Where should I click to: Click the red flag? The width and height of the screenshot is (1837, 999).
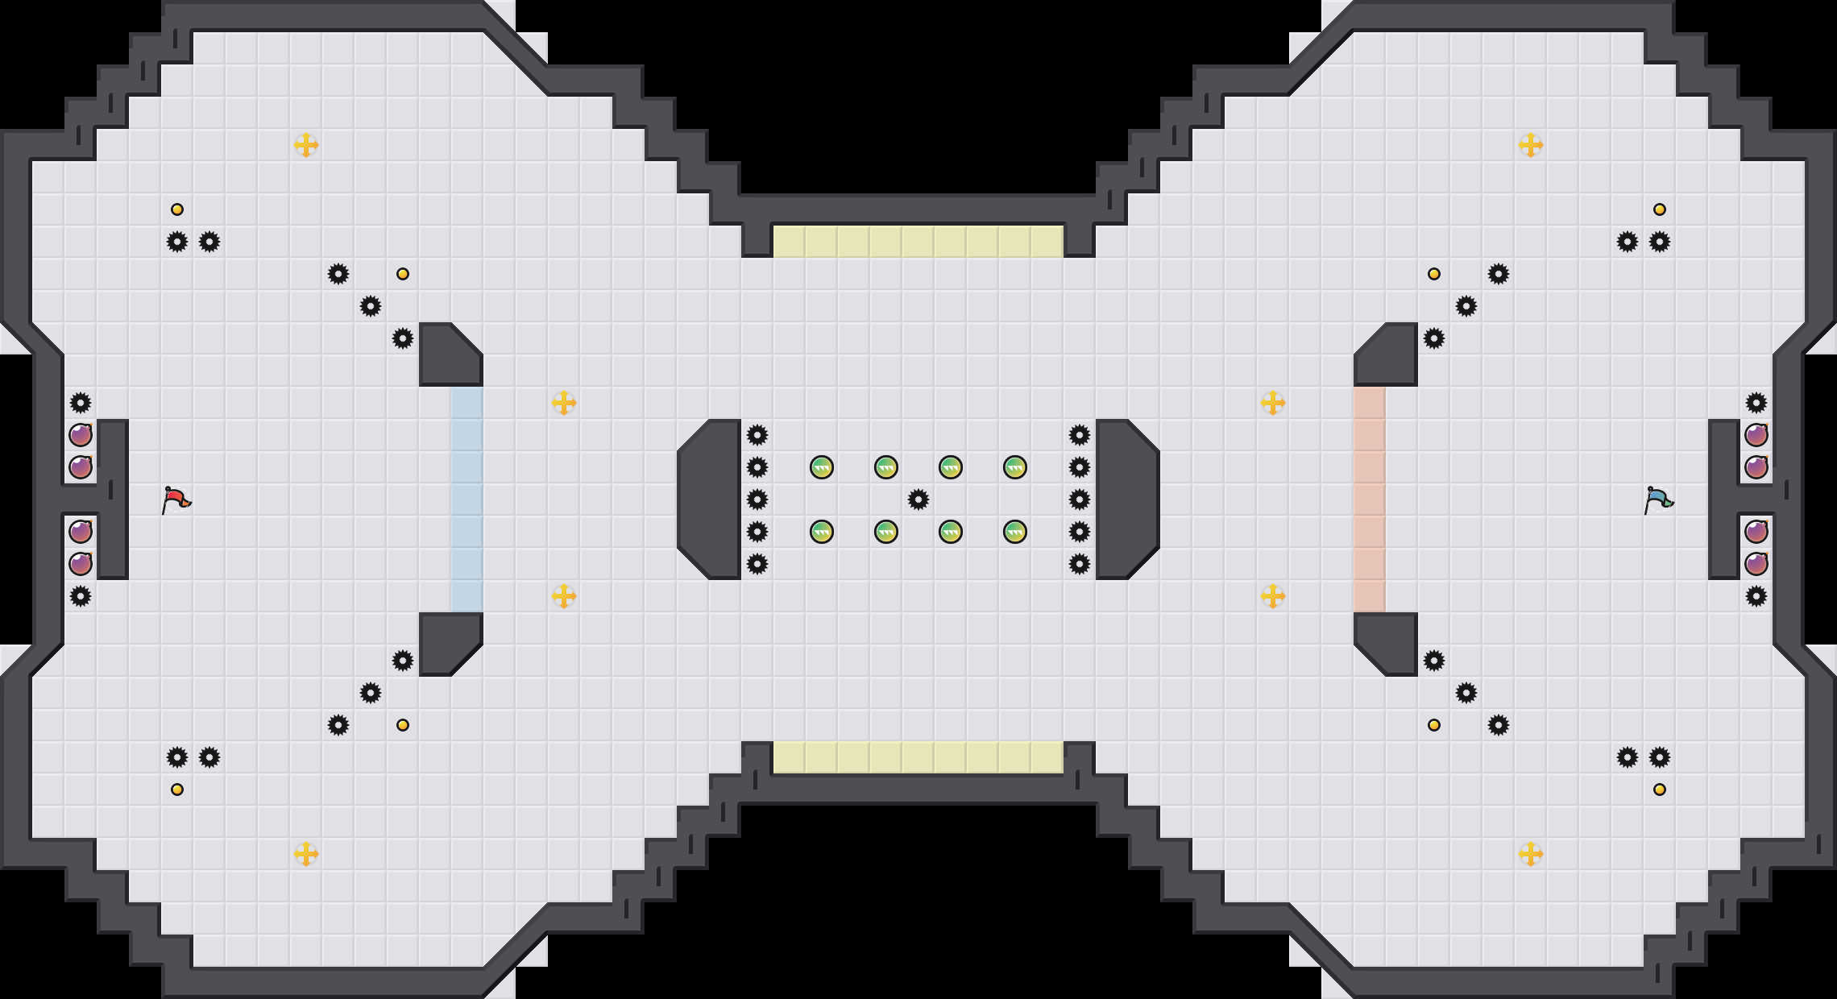click(x=176, y=499)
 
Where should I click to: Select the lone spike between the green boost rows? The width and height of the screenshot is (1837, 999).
click(x=918, y=499)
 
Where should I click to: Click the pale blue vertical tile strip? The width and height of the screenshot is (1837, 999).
click(x=467, y=499)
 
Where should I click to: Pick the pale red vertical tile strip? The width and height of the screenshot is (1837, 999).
click(x=1370, y=499)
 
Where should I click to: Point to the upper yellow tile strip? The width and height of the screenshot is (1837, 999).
click(x=918, y=242)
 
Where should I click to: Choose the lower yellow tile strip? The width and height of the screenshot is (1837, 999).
click(x=918, y=757)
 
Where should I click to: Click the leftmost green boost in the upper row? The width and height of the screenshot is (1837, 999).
click(x=822, y=467)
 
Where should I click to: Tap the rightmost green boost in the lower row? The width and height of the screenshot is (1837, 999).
click(x=1015, y=532)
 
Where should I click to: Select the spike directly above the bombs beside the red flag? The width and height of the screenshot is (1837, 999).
click(x=81, y=403)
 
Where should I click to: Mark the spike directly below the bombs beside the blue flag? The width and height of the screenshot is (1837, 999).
click(x=1756, y=596)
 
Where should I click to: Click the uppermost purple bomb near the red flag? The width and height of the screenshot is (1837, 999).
click(x=81, y=435)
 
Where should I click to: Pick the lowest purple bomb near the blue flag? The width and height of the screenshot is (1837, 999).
click(x=1756, y=564)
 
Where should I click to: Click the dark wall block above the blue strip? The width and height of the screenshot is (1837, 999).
click(x=447, y=354)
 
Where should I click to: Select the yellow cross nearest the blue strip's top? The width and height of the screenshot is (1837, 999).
click(x=564, y=403)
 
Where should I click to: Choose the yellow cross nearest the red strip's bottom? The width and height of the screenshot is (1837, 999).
click(x=1273, y=596)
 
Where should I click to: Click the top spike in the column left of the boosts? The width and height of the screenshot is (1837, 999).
click(x=757, y=435)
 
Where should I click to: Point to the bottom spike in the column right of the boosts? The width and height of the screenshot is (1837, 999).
click(x=1080, y=564)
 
